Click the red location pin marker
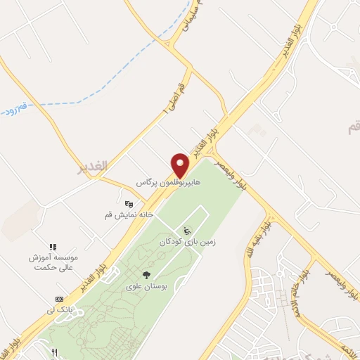point(181,165)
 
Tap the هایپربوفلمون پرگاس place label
point(168,182)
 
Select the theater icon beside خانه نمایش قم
point(128,204)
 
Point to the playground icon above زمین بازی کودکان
point(186,231)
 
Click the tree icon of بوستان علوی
point(146,275)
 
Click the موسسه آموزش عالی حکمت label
point(52,263)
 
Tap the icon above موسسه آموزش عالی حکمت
point(52,247)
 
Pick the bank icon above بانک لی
point(59,299)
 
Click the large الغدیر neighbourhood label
point(92,167)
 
